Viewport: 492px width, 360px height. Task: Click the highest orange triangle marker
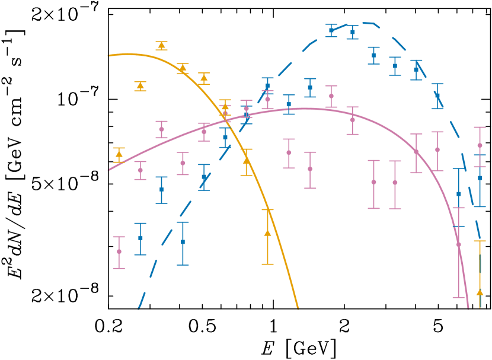click(161, 45)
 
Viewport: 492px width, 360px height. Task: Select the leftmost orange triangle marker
click(119, 154)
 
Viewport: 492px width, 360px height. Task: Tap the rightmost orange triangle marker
click(480, 292)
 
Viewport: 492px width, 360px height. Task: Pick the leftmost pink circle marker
click(119, 251)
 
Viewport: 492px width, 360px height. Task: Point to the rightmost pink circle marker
click(480, 145)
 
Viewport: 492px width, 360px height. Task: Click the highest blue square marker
click(331, 30)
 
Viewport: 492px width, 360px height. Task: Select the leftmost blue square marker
click(140, 238)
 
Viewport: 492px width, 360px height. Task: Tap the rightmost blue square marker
click(480, 178)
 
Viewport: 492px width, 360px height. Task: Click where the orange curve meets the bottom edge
click(298, 308)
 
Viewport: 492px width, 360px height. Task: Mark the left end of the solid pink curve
click(108, 170)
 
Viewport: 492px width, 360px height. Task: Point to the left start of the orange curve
click(108, 56)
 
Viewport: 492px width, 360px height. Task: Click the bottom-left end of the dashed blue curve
click(138, 309)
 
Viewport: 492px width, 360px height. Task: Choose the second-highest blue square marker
click(353, 32)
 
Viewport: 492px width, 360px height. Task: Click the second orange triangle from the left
click(140, 86)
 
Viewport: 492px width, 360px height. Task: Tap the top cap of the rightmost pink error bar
click(480, 127)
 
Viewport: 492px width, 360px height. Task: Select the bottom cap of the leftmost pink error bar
click(119, 268)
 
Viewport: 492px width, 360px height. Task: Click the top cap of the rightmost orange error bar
click(480, 241)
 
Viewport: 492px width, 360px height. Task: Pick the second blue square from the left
click(161, 189)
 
